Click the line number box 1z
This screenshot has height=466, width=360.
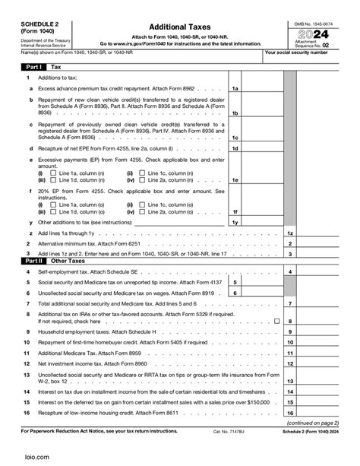[290, 233]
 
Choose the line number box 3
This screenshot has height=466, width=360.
[290, 254]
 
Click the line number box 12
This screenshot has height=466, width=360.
[290, 364]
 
